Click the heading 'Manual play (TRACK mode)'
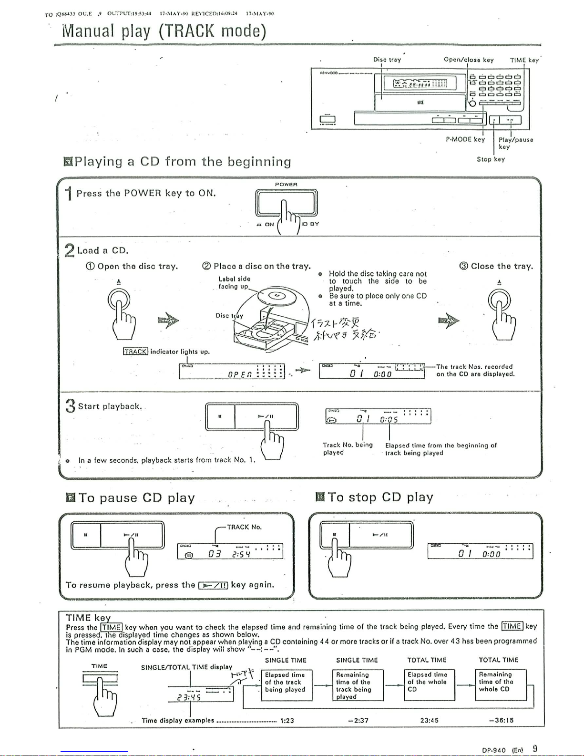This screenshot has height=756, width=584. (x=164, y=31)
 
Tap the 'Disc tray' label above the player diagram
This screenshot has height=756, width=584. (x=387, y=60)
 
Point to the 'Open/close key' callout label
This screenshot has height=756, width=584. (x=468, y=60)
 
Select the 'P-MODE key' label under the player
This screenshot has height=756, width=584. (x=465, y=139)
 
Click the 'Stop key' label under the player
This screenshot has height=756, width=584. (x=491, y=159)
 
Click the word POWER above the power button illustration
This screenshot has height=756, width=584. (x=286, y=184)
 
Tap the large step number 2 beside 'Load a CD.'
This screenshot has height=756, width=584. (x=70, y=250)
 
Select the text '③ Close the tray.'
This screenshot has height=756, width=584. (x=496, y=266)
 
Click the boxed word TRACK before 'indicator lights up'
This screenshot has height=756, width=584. (x=135, y=352)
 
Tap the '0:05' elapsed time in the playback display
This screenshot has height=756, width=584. (x=389, y=420)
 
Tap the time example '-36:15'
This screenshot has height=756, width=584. (x=501, y=721)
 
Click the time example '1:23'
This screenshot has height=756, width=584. (x=287, y=721)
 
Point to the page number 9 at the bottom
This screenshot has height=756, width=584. (x=535, y=749)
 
